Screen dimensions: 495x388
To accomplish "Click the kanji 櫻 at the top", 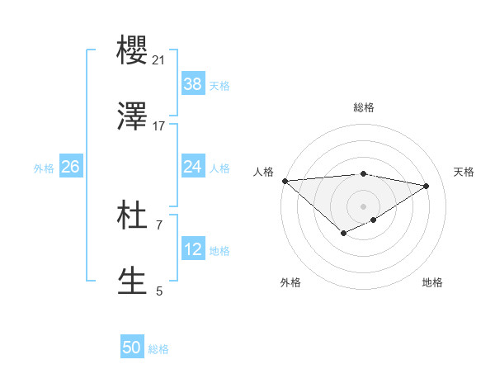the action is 133,51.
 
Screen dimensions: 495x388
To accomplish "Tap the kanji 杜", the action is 133,216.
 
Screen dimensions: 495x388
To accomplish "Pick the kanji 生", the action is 133,281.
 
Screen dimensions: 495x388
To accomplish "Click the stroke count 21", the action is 158,60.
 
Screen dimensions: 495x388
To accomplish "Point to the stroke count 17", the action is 158,125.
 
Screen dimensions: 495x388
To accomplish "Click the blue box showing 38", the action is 193,83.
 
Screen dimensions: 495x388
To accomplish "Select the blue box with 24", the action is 193,167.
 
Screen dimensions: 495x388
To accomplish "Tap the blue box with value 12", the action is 193,249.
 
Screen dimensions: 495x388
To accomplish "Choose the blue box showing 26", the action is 70,167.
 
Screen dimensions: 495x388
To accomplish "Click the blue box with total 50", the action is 132,348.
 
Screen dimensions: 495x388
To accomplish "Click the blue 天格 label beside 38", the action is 219,85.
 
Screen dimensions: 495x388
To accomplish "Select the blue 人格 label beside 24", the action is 219,168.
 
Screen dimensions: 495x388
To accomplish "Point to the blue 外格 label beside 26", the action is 44,168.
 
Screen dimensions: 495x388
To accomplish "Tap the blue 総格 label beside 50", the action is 158,349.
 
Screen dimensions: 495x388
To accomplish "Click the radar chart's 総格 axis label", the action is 364,107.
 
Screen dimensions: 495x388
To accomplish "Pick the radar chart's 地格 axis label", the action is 432,282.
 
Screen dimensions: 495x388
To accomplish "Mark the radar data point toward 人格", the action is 285,181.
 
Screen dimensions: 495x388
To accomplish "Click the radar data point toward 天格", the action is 427,186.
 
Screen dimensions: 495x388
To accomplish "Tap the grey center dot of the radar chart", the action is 364,206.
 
